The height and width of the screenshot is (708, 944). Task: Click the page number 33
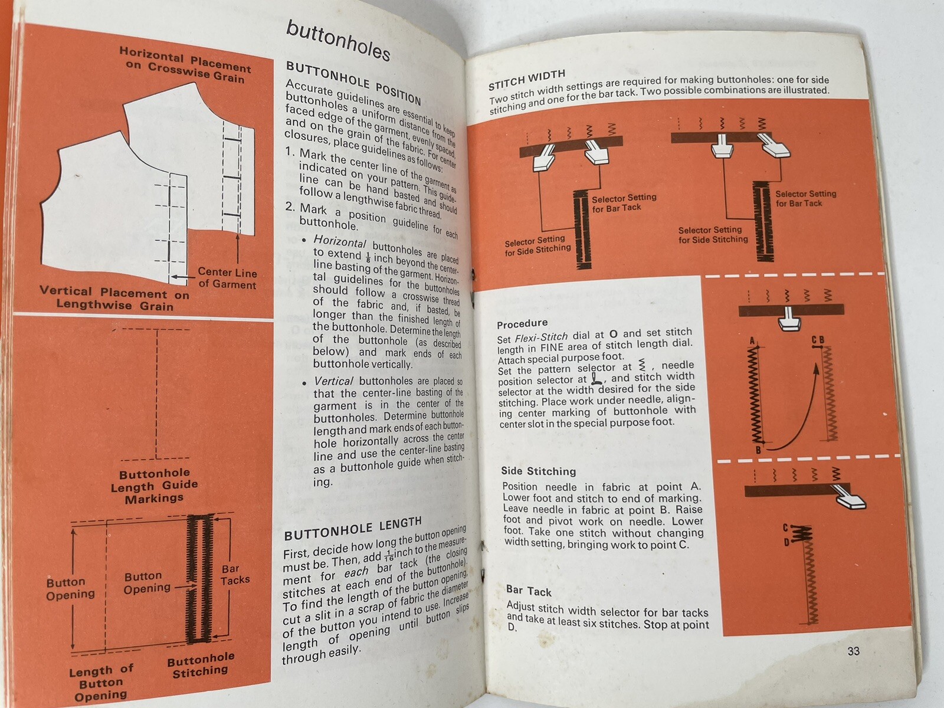coord(853,651)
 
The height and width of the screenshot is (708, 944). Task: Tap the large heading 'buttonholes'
coord(338,40)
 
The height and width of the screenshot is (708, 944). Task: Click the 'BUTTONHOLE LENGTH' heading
coord(353,528)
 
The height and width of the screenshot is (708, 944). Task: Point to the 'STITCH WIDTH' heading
coord(527,80)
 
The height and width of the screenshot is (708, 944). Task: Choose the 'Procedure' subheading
coord(522,324)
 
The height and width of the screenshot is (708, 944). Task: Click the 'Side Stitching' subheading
coord(538,471)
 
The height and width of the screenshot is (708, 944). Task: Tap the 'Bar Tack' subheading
coord(529,591)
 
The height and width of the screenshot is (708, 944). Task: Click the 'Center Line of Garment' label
coord(227,278)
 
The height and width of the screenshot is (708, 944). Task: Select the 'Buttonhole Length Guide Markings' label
coord(154,486)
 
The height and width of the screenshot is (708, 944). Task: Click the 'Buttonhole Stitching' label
coord(201,664)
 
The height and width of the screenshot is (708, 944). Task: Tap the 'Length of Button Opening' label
coord(101,683)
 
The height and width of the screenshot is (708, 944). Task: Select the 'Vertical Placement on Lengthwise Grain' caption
coord(114,299)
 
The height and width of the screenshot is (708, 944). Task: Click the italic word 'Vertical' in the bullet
coord(333,381)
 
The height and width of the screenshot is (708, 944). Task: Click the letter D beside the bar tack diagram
coord(786,542)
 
